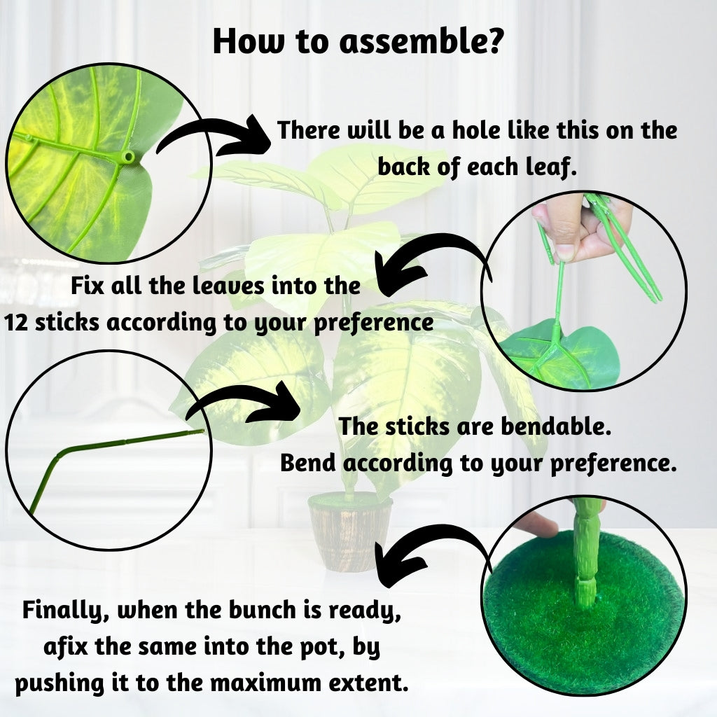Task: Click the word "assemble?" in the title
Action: pyautogui.click(x=421, y=41)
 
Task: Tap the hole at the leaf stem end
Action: pyautogui.click(x=129, y=158)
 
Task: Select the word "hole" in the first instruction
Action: pyautogui.click(x=475, y=130)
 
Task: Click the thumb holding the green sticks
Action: pyautogui.click(x=564, y=233)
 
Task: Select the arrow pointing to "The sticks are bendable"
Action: pyautogui.click(x=242, y=403)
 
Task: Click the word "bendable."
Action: pyautogui.click(x=556, y=426)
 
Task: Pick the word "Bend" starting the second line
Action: pyautogui.click(x=308, y=463)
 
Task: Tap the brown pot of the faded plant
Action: pyautogui.click(x=350, y=533)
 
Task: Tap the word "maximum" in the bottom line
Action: pyautogui.click(x=267, y=683)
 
